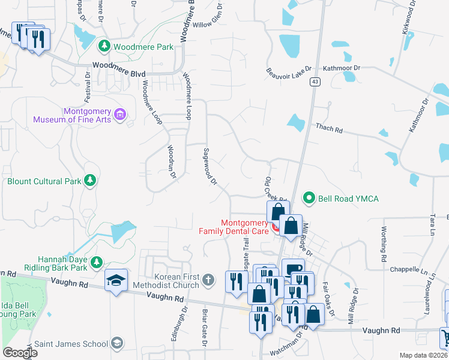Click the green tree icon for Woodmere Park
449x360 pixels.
click(x=104, y=46)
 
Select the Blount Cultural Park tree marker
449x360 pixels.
click(x=89, y=180)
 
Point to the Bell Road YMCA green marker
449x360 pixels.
click(x=309, y=197)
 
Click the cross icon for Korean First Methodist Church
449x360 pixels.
click(x=208, y=279)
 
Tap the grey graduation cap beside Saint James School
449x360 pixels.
click(x=118, y=343)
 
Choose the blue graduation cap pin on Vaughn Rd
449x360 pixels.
click(x=115, y=280)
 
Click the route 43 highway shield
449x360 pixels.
click(x=314, y=82)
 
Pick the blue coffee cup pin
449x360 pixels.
click(x=292, y=269)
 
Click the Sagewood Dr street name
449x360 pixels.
click(x=210, y=167)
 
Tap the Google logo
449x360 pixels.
click(x=20, y=353)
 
